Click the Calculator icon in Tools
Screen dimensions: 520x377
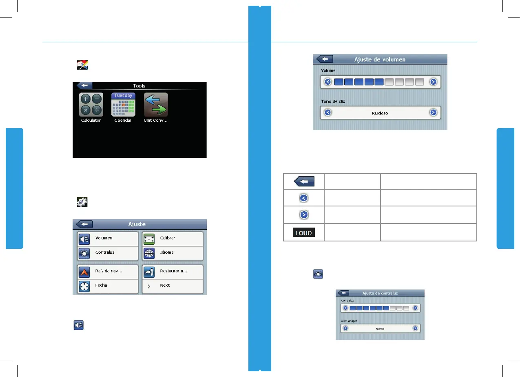point(91,105)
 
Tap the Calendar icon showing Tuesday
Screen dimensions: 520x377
point(123,105)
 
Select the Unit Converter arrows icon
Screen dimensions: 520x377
point(156,105)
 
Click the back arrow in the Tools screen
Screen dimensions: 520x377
point(85,85)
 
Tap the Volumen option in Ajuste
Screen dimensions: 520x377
point(108,238)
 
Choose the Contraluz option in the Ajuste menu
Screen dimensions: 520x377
point(108,252)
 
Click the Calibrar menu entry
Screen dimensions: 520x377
point(172,238)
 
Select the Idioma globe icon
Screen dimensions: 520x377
point(148,253)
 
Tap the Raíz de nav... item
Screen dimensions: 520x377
point(108,271)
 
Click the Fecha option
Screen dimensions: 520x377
point(108,285)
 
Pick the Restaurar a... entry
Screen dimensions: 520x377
point(172,271)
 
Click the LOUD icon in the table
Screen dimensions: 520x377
point(304,233)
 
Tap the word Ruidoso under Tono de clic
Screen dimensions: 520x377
point(380,113)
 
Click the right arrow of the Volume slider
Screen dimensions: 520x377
point(433,82)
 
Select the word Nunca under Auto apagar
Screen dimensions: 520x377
point(380,329)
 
